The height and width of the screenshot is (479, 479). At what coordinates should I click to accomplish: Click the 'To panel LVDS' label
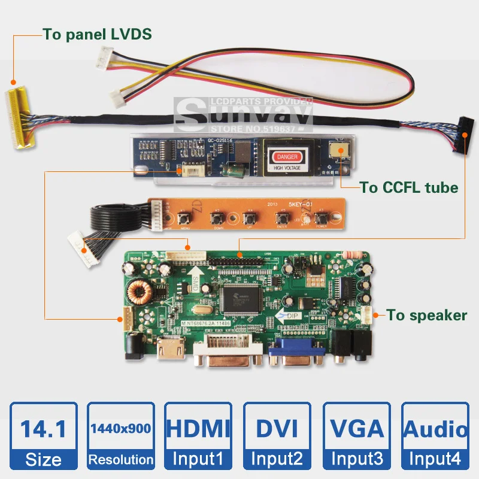click(x=97, y=34)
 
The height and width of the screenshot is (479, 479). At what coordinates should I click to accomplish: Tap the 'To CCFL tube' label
click(x=409, y=187)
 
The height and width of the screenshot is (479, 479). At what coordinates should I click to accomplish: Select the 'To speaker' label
click(x=426, y=315)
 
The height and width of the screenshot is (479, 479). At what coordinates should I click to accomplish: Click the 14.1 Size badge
click(x=44, y=435)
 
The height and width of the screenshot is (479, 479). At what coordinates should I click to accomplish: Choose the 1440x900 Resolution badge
click(x=122, y=435)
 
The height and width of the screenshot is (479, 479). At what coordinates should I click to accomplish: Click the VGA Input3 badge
click(x=357, y=435)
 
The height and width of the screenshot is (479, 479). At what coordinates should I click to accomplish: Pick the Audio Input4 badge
click(x=435, y=435)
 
